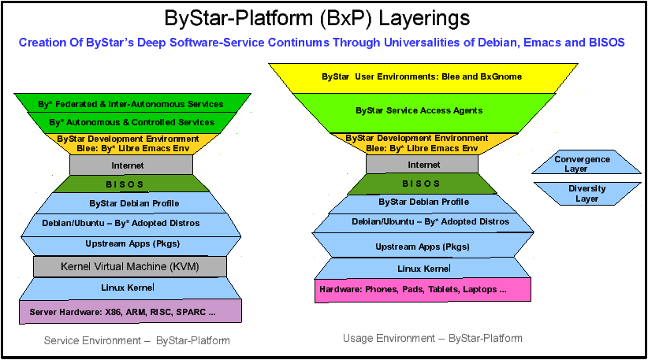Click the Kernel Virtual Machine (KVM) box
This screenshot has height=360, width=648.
point(130,267)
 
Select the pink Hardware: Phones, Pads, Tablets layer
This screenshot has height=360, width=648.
point(423,290)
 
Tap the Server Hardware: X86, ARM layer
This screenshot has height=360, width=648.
point(130,311)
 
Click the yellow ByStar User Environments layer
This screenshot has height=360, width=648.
point(423,78)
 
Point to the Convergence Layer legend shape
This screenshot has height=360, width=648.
point(586,161)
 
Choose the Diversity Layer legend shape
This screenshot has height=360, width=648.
point(587,194)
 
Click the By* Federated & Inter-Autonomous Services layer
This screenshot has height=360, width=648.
point(132,102)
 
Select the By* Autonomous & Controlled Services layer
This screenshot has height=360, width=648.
point(132,123)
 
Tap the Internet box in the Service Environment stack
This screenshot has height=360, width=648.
point(131,165)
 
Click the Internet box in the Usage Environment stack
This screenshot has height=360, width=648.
point(422,165)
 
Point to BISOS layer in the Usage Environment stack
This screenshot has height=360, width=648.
point(422,184)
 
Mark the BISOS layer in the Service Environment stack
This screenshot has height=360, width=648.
point(131,184)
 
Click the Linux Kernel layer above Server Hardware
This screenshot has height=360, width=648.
point(130,288)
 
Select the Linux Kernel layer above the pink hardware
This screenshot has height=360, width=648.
point(423,269)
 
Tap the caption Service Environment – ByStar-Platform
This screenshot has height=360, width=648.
point(137,340)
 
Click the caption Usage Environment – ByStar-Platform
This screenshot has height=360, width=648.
point(432,339)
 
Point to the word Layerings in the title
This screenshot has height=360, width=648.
point(424,19)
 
